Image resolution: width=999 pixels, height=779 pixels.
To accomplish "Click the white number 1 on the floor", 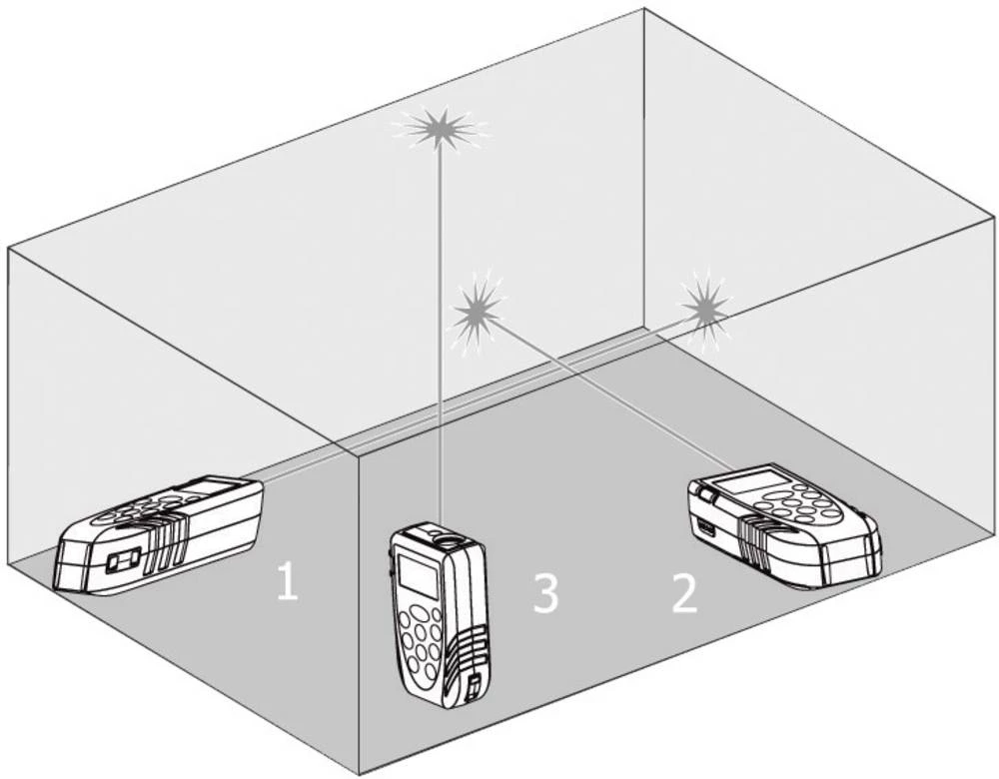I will click(x=287, y=581).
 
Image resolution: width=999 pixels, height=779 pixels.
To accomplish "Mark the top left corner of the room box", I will click(x=9, y=247).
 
